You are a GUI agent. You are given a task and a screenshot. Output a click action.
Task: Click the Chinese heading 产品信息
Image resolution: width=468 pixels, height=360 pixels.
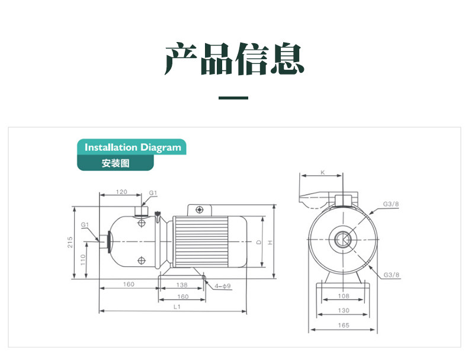tap(235, 59)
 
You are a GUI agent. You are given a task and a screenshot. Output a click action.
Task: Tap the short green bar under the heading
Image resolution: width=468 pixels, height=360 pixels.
tap(233, 98)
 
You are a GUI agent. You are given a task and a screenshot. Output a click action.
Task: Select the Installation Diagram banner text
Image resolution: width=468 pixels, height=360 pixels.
tap(133, 147)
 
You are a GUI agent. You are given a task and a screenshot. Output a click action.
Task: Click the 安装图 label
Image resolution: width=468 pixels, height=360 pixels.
tap(116, 163)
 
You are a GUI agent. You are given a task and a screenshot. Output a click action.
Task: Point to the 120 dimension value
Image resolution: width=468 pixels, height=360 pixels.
tap(121, 192)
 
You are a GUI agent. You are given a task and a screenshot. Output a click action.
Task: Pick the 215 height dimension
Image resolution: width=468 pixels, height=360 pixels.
tap(70, 242)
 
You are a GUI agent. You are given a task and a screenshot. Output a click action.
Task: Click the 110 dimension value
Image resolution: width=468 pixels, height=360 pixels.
tap(83, 260)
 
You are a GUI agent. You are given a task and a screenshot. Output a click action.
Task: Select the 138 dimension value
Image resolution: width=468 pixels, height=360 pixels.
tap(182, 285)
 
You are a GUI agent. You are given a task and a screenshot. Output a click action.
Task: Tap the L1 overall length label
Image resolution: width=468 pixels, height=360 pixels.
tap(177, 307)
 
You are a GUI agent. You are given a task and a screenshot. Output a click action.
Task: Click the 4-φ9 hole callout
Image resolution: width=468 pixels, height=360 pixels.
tap(222, 286)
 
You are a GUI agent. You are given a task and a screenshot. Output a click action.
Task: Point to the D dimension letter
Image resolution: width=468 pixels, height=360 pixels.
tap(259, 242)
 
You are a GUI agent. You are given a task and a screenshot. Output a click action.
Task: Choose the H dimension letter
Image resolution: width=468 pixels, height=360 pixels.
tap(270, 243)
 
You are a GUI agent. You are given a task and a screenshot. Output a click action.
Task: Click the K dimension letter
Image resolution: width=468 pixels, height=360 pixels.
tap(322, 172)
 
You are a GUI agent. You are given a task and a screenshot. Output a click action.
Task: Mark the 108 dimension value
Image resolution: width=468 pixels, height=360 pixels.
tap(344, 296)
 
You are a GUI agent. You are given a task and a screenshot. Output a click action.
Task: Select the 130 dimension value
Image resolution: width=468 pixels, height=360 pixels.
tap(344, 310)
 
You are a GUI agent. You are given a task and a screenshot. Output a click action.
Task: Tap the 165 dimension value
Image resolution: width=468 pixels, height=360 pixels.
tap(344, 325)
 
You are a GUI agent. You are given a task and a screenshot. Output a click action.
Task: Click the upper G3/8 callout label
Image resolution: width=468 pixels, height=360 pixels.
tap(391, 204)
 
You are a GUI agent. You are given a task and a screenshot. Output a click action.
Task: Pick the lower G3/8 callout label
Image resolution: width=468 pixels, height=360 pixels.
tap(392, 275)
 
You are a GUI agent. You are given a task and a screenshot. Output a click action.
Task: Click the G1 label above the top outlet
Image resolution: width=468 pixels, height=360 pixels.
tap(153, 192)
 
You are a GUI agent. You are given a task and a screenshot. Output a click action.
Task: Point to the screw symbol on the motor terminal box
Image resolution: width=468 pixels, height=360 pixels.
tap(200, 210)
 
